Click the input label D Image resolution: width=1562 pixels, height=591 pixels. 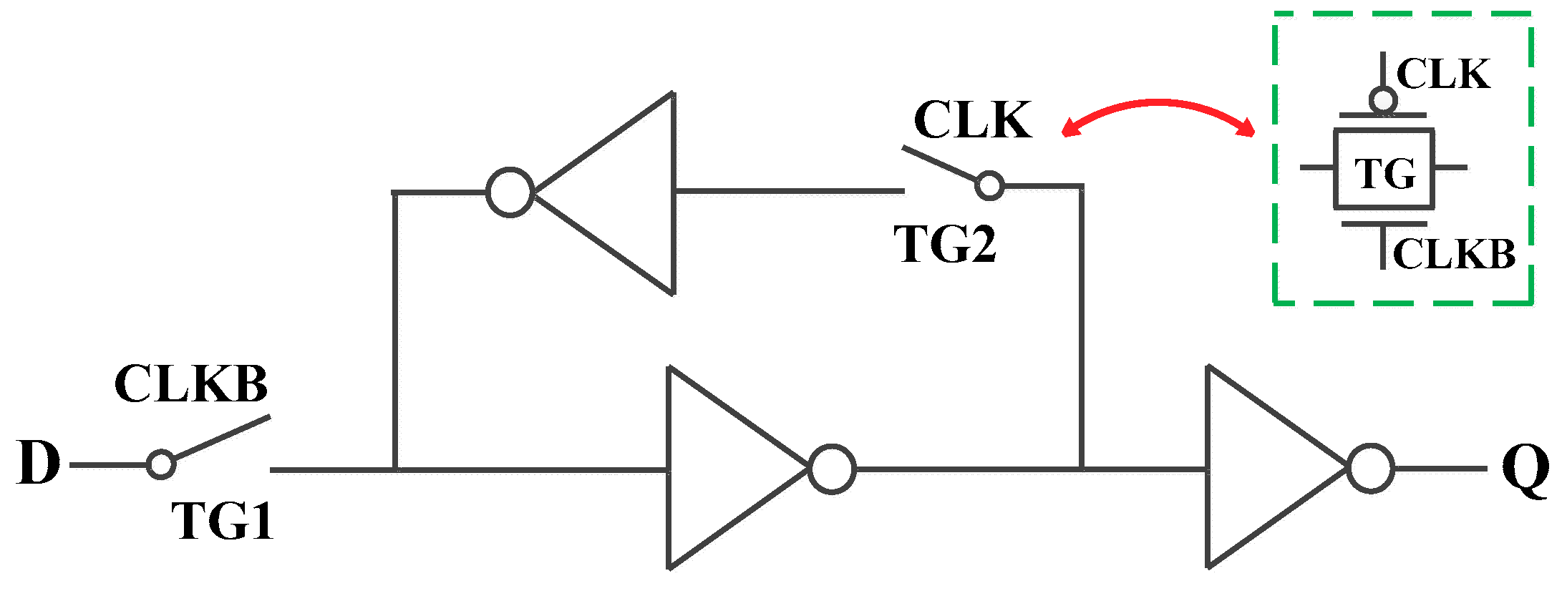(x=39, y=463)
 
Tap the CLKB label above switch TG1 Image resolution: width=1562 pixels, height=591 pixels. (x=190, y=384)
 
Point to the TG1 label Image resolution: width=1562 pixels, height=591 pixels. (x=223, y=521)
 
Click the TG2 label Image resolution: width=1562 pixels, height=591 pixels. (x=945, y=245)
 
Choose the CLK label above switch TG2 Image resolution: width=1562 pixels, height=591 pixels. (x=973, y=119)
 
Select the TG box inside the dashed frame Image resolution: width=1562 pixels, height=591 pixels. (x=1383, y=170)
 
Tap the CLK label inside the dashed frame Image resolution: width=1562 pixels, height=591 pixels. (x=1442, y=74)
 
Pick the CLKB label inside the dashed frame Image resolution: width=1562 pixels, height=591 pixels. (x=1454, y=254)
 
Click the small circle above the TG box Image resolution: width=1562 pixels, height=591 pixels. (x=1383, y=100)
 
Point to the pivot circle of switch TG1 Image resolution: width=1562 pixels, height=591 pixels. (x=161, y=464)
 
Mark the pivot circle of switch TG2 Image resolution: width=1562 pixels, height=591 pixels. (x=989, y=186)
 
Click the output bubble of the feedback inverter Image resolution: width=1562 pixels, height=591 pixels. (x=510, y=192)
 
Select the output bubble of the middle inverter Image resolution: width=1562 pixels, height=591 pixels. (x=832, y=469)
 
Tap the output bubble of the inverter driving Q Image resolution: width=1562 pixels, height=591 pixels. (x=1370, y=469)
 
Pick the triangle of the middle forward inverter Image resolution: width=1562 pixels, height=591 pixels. (x=723, y=469)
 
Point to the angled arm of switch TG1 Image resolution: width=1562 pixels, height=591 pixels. (x=222, y=437)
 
